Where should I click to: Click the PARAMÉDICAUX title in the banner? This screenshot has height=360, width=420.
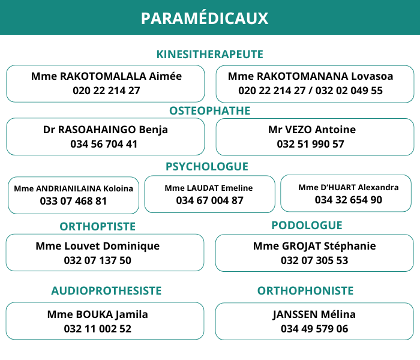(x=204, y=18)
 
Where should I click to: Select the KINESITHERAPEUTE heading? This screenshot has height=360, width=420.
(x=210, y=55)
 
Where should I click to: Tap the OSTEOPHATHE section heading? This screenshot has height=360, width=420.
(x=210, y=111)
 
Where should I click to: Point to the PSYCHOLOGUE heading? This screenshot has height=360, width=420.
(x=207, y=167)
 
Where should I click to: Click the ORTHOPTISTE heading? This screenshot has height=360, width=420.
(x=98, y=226)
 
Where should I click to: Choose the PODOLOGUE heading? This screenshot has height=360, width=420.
(x=307, y=226)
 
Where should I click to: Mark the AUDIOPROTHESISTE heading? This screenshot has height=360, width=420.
(x=106, y=291)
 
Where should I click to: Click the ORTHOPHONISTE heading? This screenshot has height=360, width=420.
(x=305, y=291)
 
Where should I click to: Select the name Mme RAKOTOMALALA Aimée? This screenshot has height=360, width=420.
(x=106, y=76)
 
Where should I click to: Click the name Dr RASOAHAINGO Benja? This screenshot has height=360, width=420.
(x=106, y=130)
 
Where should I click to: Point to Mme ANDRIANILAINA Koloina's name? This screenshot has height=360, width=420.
(x=74, y=188)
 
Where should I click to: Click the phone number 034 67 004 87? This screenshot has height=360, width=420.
(x=210, y=200)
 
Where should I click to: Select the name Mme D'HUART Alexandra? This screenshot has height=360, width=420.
(x=349, y=187)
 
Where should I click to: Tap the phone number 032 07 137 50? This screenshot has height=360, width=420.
(x=98, y=260)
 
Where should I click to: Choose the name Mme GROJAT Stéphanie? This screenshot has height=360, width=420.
(x=314, y=246)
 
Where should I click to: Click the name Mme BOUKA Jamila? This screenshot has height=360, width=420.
(x=98, y=314)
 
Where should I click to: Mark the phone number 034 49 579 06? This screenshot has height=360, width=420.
(x=314, y=329)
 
